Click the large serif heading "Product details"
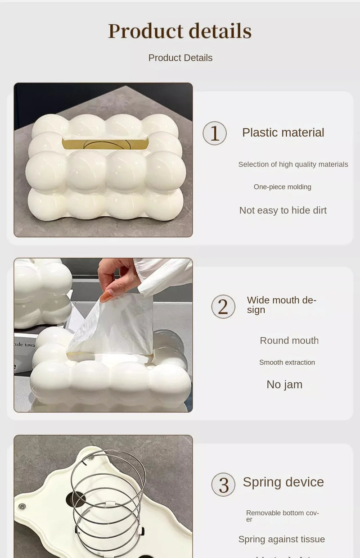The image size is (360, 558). (180, 31)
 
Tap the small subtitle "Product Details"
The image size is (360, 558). (180, 58)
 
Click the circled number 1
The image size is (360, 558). (215, 133)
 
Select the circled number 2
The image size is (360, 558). (223, 307)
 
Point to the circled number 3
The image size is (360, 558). (223, 485)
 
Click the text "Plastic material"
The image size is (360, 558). (283, 132)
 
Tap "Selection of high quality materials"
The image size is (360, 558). (293, 164)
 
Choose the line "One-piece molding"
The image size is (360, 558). (282, 187)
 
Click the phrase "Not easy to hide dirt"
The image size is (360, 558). (283, 210)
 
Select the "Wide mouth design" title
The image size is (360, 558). (281, 305)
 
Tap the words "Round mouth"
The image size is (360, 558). (289, 340)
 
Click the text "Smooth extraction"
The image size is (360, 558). (287, 363)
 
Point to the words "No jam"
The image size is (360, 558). (284, 385)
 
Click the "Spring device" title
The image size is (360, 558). (283, 482)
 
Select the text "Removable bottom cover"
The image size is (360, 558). (282, 516)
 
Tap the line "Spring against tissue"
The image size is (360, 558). (281, 539)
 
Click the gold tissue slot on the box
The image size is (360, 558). (105, 144)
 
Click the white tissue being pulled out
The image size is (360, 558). (117, 324)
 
